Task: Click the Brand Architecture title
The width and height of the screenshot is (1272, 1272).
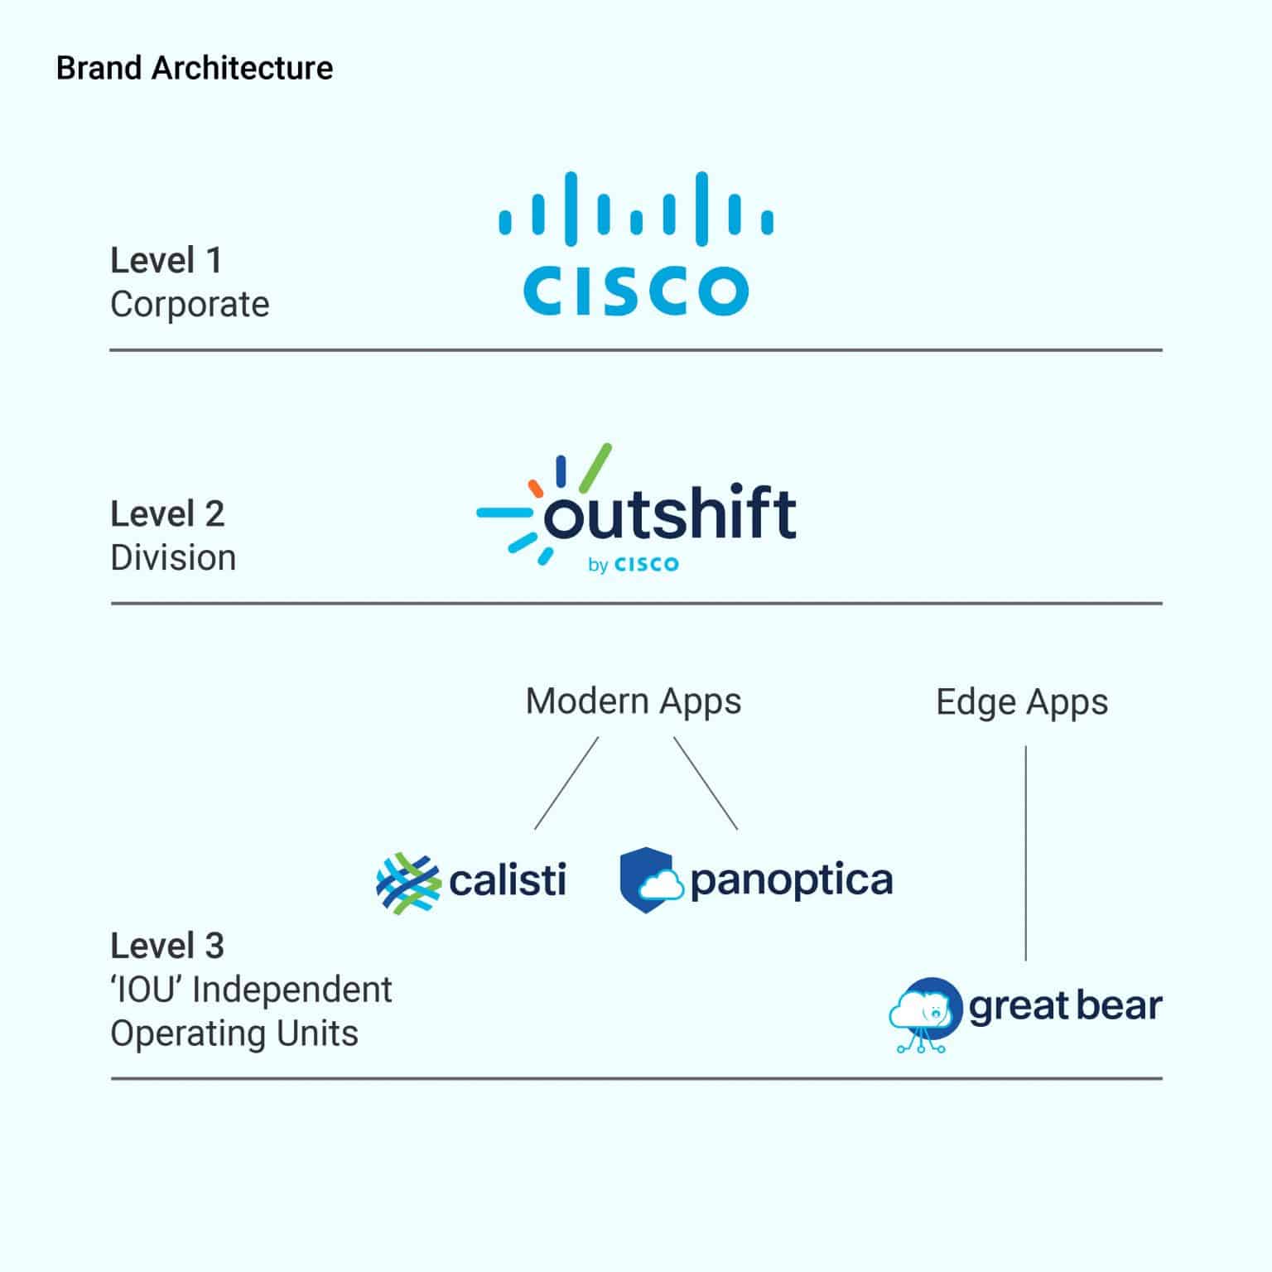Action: tap(195, 68)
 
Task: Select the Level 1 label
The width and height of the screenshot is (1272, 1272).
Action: tap(166, 261)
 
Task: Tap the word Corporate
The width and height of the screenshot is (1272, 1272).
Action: tap(190, 305)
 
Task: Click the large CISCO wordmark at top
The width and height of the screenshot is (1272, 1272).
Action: tap(635, 290)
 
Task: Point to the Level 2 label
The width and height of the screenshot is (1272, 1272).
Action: tap(167, 514)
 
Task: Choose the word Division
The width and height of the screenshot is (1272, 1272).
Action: tap(173, 558)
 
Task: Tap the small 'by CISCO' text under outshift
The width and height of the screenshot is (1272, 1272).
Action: tap(634, 565)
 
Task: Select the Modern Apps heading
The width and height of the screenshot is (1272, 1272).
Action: tap(634, 701)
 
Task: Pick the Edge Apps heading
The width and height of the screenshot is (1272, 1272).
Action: tap(1022, 702)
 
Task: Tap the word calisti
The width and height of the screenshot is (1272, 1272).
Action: tap(508, 879)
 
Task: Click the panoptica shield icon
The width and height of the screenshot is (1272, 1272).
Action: tap(651, 880)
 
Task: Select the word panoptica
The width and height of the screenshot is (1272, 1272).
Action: tap(791, 881)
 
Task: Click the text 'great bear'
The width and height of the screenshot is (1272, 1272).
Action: tap(1065, 1006)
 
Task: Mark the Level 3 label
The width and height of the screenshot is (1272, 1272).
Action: tap(167, 946)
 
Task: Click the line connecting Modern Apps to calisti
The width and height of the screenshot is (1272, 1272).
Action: tap(566, 783)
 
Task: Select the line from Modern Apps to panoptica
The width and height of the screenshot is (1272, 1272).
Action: tap(706, 783)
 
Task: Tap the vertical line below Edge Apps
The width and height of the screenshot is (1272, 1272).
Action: tap(1026, 853)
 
